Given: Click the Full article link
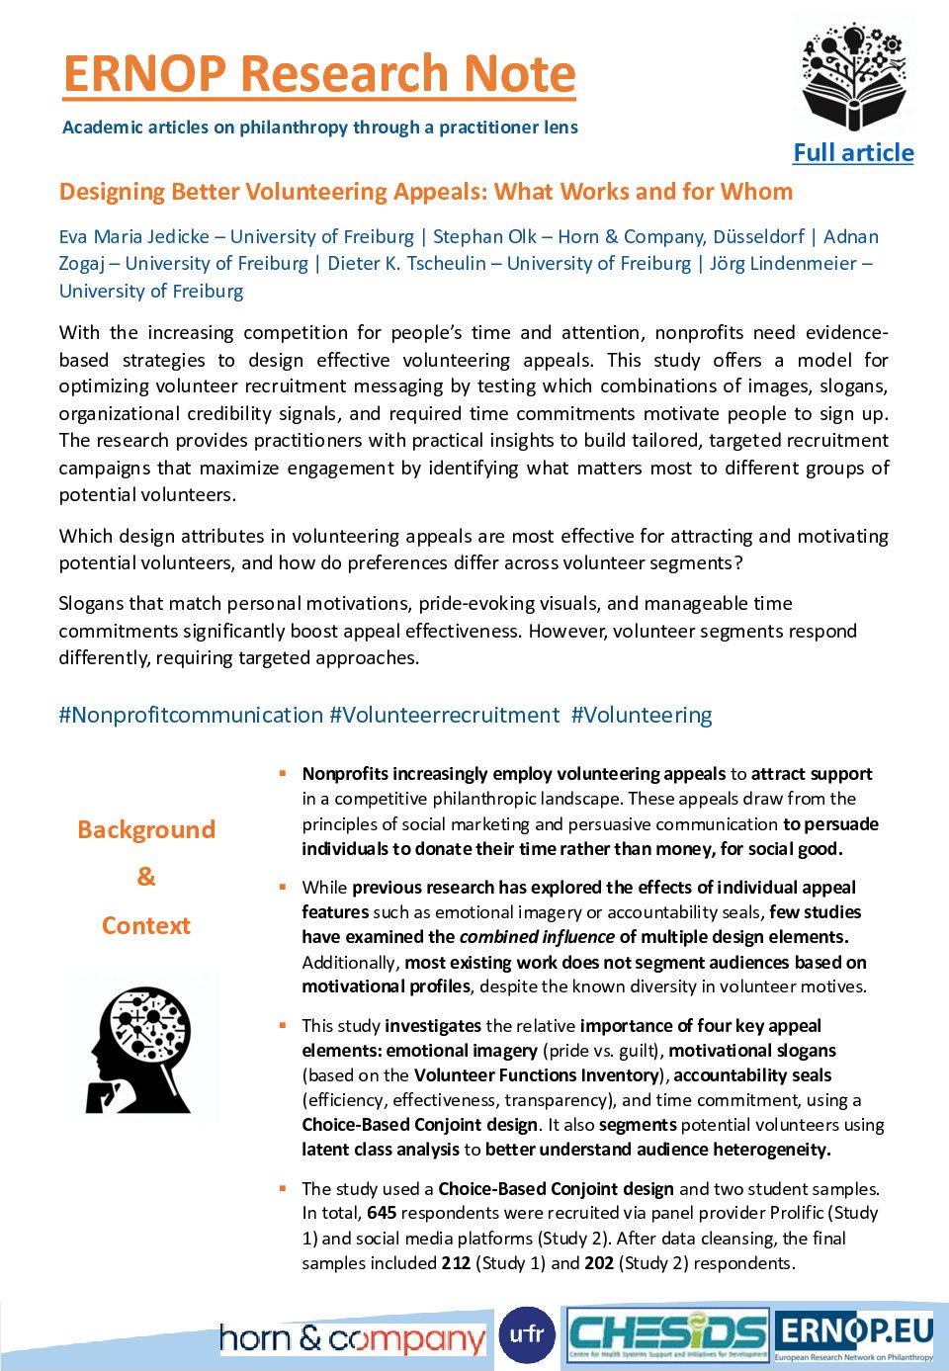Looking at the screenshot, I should [853, 153].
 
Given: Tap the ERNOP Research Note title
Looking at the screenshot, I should [319, 74].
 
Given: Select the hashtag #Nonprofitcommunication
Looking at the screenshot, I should [191, 715].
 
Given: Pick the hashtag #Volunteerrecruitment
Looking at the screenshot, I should [445, 715].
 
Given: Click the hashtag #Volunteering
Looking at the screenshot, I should [642, 715].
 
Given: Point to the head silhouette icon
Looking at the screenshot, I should [140, 1050].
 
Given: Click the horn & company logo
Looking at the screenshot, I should [352, 1339].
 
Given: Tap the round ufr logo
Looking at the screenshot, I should [527, 1335].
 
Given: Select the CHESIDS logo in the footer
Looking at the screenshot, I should [668, 1336].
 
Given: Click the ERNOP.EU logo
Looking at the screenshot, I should [854, 1335].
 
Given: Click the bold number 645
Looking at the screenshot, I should [382, 1213].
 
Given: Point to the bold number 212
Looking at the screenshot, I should [456, 1263].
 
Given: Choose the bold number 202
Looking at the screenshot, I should [599, 1263].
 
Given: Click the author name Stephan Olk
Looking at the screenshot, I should [484, 237].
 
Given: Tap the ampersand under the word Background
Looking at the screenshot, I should [146, 877].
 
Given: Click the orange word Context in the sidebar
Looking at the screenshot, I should [146, 926].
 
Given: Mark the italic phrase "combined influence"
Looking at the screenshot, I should [537, 937].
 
